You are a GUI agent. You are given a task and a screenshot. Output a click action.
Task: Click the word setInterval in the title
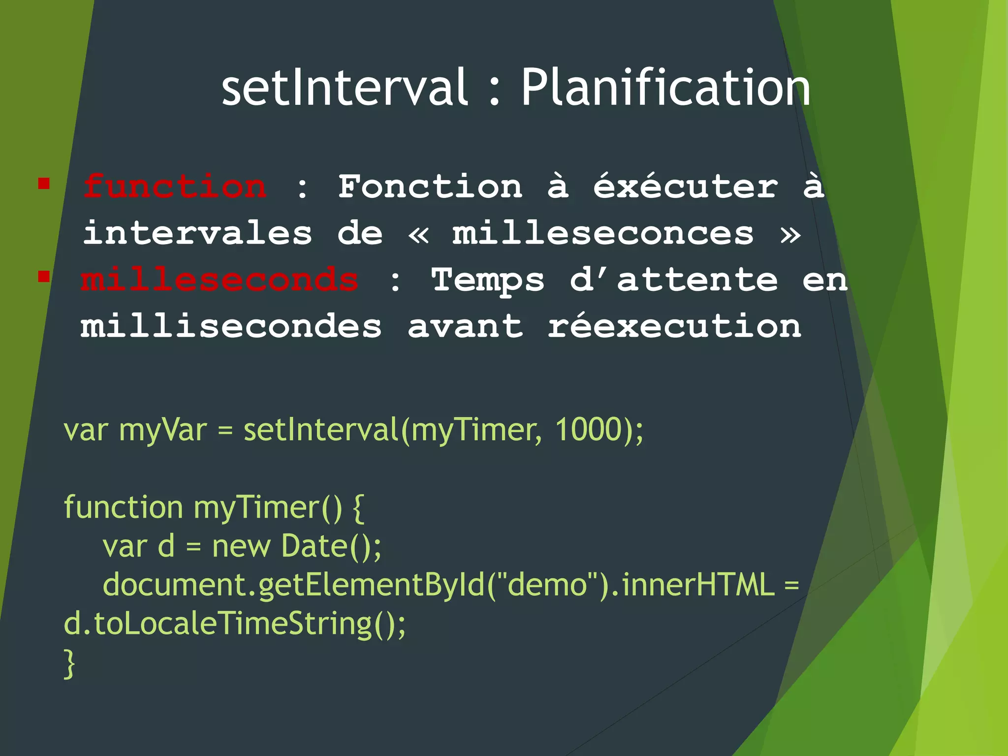tap(344, 88)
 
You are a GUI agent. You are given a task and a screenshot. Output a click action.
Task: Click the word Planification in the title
tap(665, 88)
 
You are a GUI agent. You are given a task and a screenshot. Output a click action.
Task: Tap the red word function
tap(175, 187)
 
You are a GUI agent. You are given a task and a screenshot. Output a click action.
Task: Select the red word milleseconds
tap(220, 280)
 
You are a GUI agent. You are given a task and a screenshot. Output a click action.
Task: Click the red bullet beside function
tap(44, 184)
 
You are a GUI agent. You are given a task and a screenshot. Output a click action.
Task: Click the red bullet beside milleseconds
tap(44, 276)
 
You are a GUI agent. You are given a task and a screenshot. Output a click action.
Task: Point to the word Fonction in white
tap(430, 187)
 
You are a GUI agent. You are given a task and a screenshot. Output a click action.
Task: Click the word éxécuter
tap(686, 187)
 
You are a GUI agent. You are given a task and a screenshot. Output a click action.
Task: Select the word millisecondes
tap(231, 326)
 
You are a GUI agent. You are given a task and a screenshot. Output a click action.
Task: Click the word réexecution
tap(674, 326)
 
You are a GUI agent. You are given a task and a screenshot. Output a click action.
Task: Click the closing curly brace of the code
tap(69, 664)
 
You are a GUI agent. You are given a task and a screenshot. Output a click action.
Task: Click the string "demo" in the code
tap(547, 584)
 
